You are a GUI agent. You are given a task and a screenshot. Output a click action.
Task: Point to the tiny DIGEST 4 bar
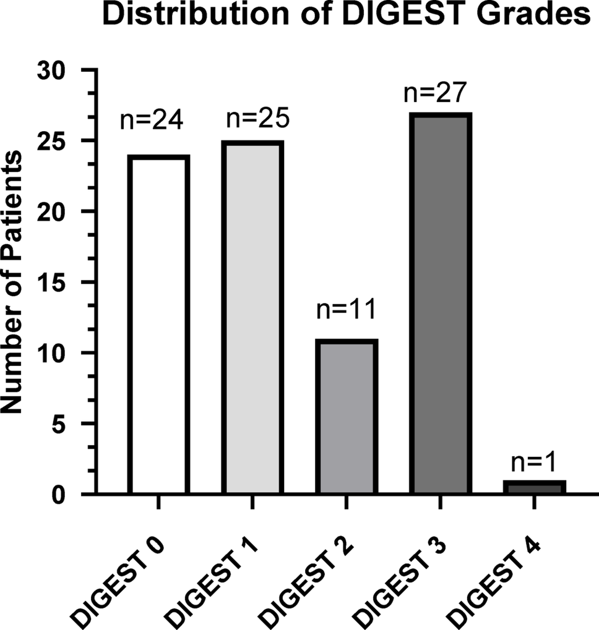534,487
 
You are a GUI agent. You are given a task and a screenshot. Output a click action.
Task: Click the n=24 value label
152,120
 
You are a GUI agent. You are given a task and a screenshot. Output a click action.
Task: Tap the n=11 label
346,309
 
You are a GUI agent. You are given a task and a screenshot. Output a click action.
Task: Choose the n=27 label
434,93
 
